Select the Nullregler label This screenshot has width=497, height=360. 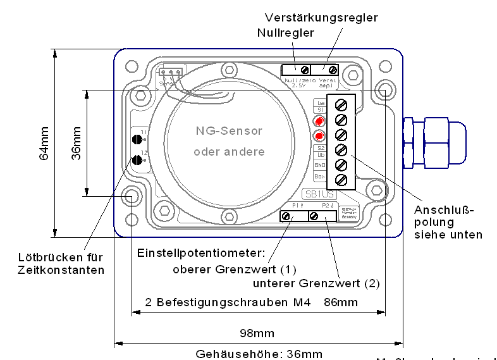pos(285,33)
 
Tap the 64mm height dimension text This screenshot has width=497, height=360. pos(44,143)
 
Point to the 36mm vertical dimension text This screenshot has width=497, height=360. pos(77,143)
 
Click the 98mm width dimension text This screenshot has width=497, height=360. pos(258,333)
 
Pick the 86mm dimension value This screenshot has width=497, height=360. pos(340,302)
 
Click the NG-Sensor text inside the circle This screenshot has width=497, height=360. pos(228,131)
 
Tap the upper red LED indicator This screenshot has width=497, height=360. pos(320,121)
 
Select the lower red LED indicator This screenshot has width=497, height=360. pos(320,135)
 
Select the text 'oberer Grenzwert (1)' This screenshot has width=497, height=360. pos(226,268)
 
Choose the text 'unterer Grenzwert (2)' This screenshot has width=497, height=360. pos(316,283)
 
